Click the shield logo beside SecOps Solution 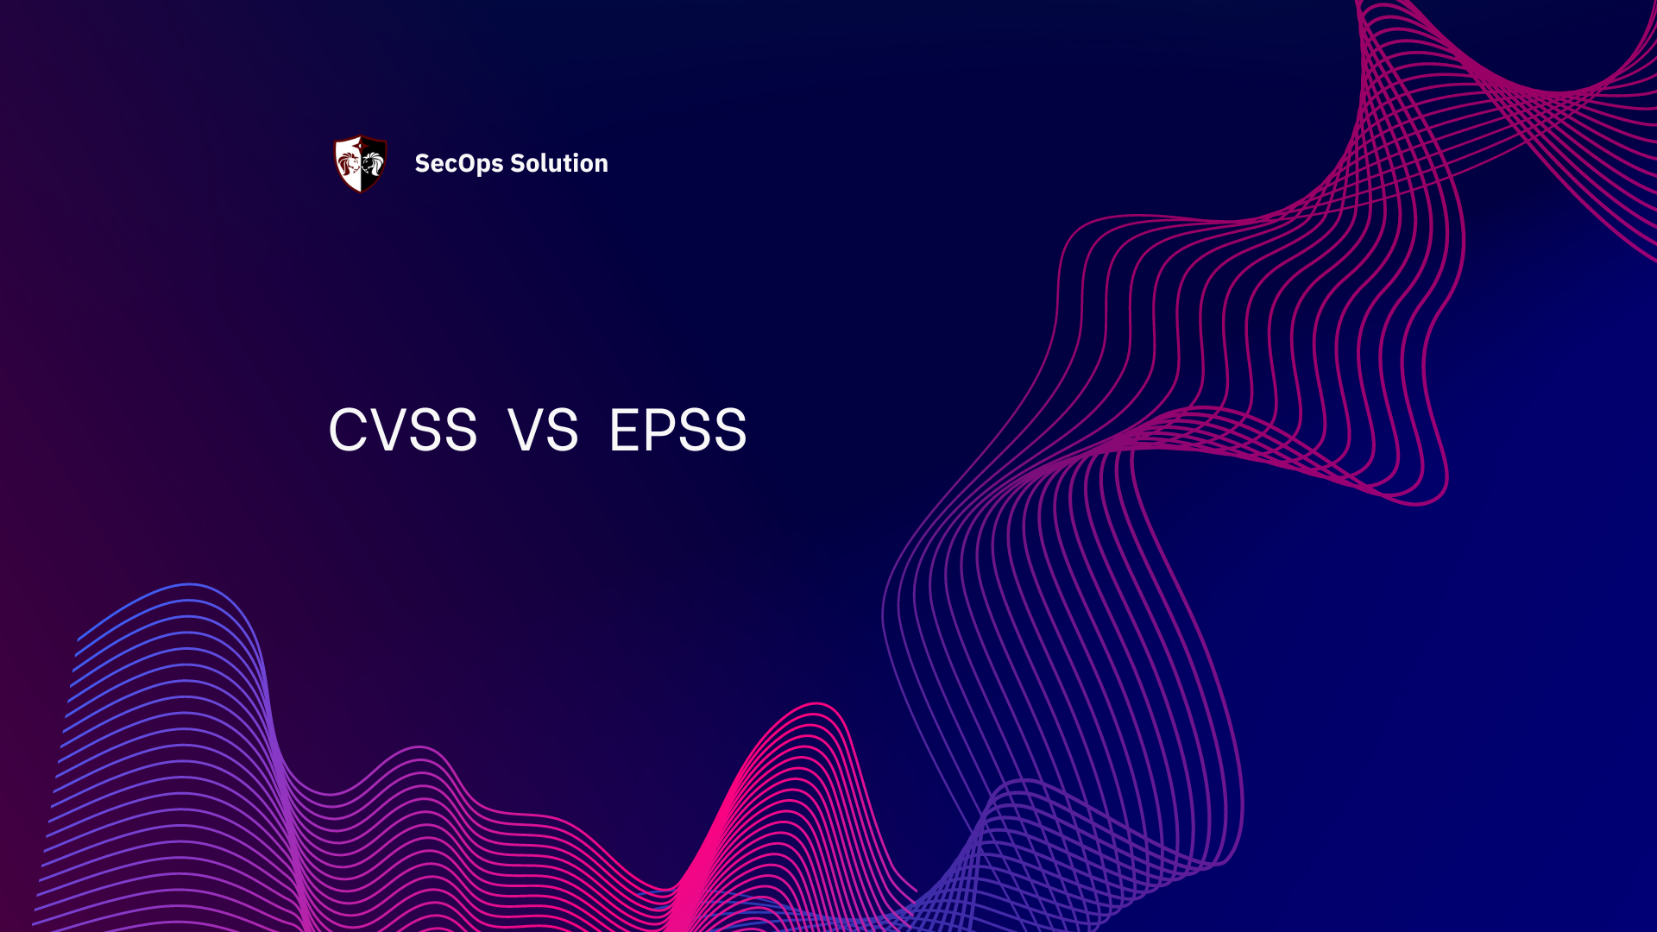pos(361,163)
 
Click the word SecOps pos(458,164)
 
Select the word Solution pos(559,163)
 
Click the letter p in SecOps pos(486,167)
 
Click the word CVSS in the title pos(403,430)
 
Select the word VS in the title pos(543,430)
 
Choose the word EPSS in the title pos(678,430)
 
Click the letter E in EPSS pos(627,430)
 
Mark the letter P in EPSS pos(666,430)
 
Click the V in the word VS pos(526,430)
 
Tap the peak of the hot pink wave pos(816,705)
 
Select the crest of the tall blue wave pos(190,586)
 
